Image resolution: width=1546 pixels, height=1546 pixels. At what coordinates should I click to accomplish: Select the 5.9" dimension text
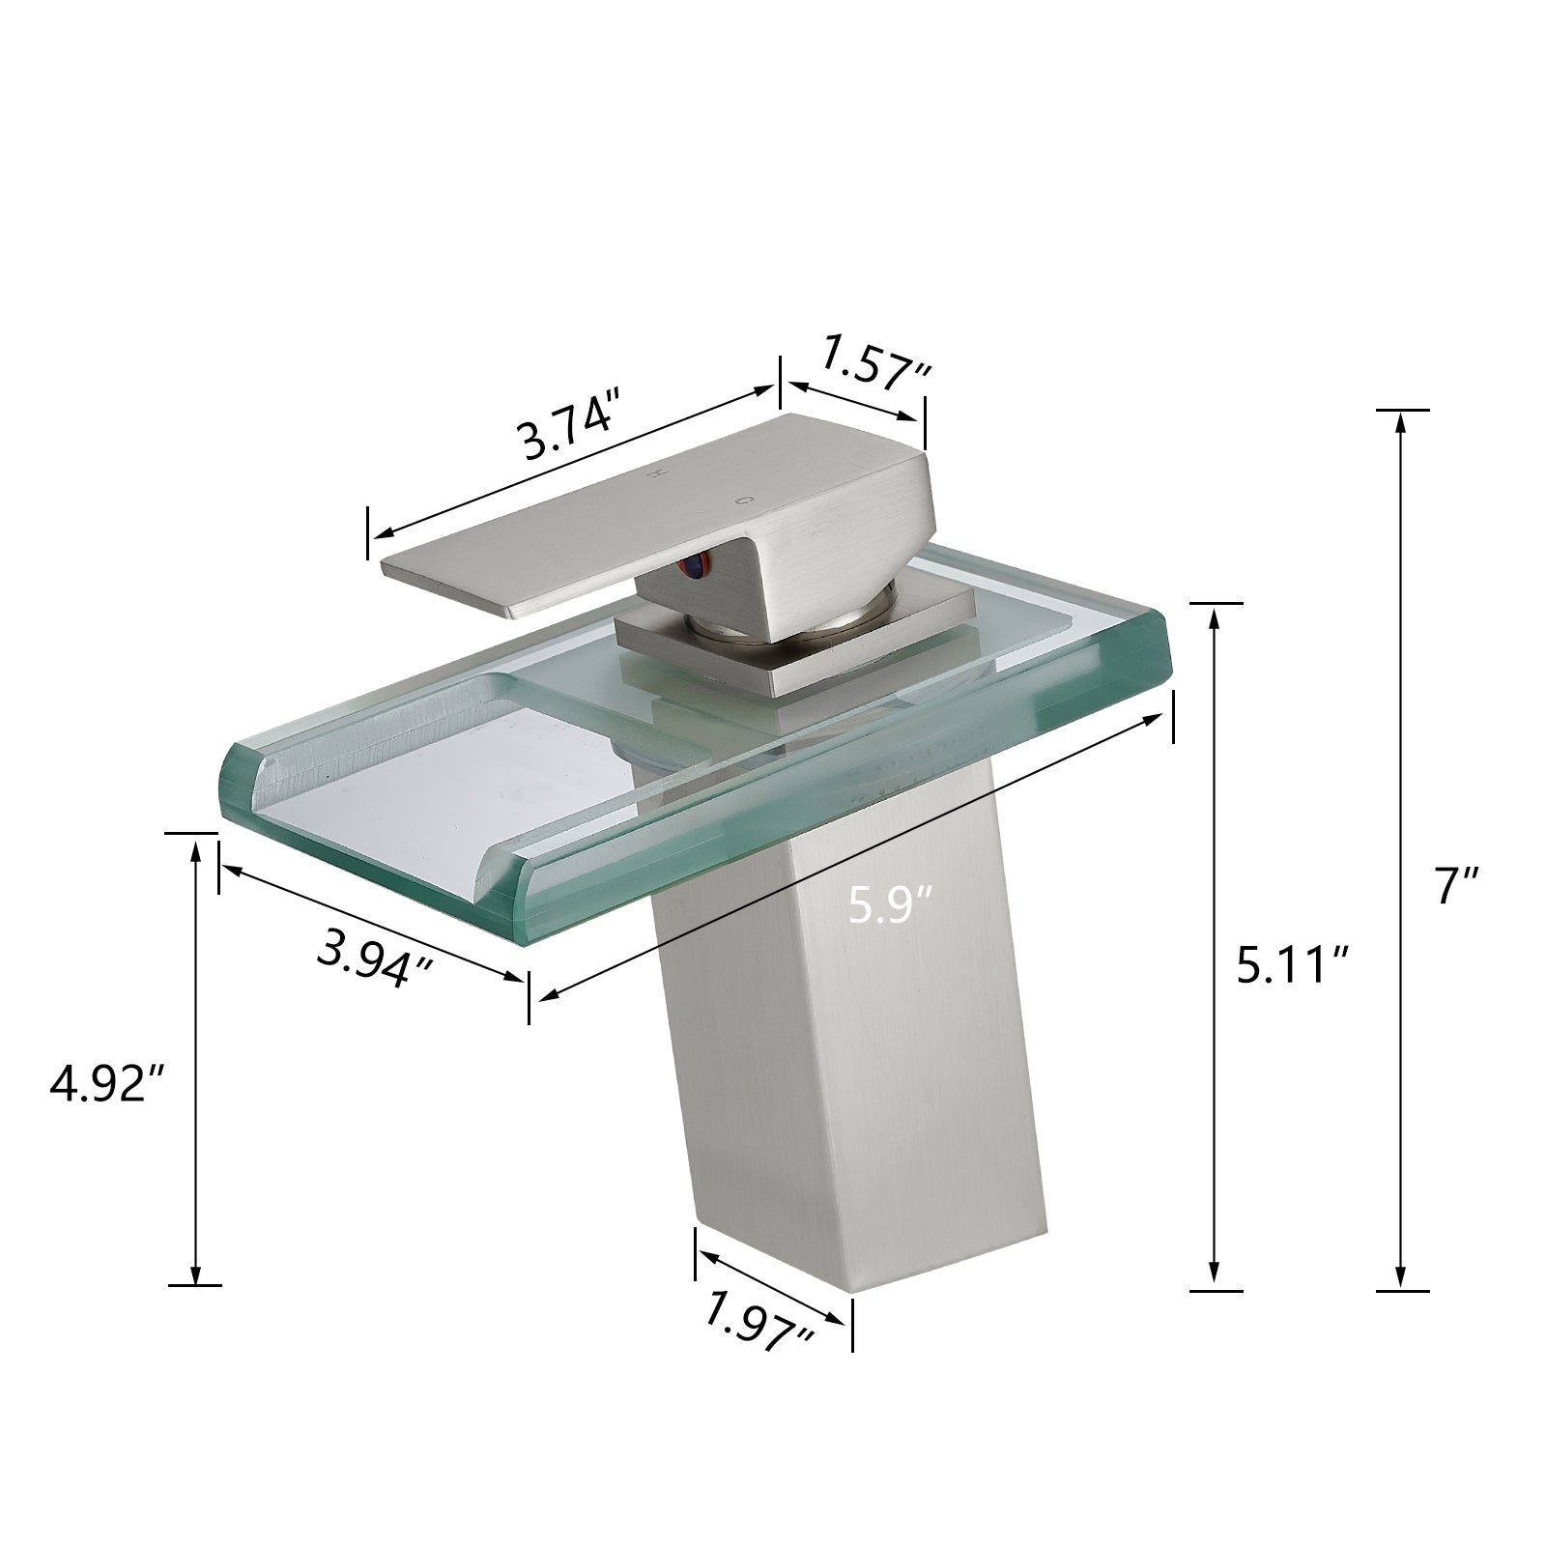pos(890,906)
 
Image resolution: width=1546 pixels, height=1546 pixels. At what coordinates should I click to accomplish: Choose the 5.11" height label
pos(1293,963)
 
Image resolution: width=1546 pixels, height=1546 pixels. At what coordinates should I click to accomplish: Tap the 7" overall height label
pos(1458,885)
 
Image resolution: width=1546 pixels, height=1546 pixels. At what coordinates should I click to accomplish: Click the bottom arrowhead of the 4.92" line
pos(196,1275)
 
